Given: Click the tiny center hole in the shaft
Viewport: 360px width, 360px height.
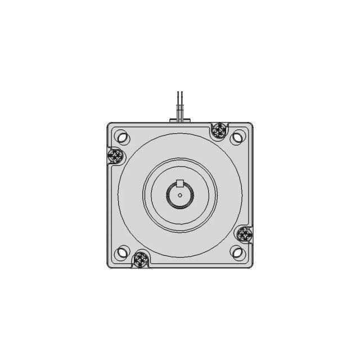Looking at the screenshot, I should (180, 195).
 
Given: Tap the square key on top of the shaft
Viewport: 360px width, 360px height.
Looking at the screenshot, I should (180, 183).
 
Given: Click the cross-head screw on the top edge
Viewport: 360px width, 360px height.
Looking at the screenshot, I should (219, 130).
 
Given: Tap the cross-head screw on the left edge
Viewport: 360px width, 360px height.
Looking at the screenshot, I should (115, 156).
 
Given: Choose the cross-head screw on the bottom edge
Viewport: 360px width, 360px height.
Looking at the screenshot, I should (140, 259).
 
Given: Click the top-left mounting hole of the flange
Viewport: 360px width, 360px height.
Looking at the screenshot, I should (122, 137).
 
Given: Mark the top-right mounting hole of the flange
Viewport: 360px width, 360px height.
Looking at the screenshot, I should (238, 137).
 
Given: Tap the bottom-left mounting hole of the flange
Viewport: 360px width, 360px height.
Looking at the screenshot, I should (122, 253).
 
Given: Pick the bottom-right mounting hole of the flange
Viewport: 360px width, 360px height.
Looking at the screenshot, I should (238, 253).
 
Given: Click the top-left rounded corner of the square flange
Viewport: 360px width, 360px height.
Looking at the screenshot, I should (110, 125).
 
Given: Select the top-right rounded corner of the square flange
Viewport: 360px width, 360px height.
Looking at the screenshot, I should (250, 125).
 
